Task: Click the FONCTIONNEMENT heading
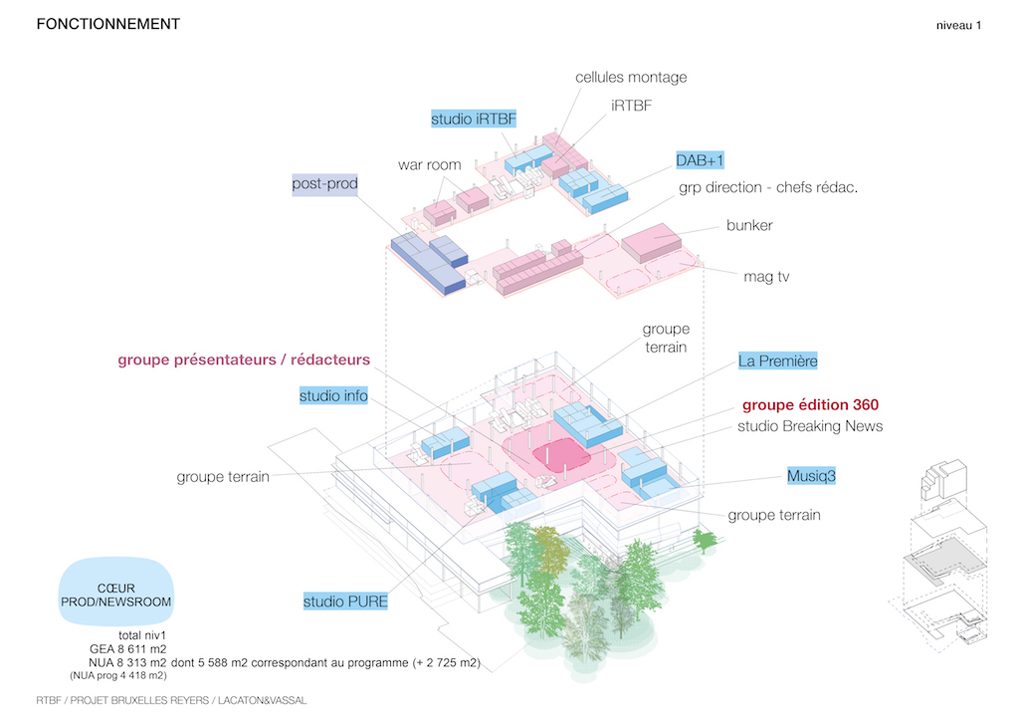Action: [107, 24]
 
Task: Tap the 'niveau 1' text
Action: [958, 25]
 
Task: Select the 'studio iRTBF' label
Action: [473, 119]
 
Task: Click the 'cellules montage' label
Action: [630, 78]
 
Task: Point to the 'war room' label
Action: [430, 165]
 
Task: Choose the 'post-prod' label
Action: [325, 184]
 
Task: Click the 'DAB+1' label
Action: [700, 160]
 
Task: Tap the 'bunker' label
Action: [749, 226]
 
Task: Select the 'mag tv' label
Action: [766, 277]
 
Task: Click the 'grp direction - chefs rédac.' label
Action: [768, 188]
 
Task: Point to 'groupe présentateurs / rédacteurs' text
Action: [244, 360]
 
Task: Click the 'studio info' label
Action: [333, 396]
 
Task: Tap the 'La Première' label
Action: [777, 360]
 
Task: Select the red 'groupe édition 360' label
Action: [810, 405]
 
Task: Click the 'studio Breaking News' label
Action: [810, 426]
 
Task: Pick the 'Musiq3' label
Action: [811, 476]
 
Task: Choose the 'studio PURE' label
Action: [345, 602]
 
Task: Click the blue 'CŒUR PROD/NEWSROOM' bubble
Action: [116, 593]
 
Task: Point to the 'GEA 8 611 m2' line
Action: [128, 649]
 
